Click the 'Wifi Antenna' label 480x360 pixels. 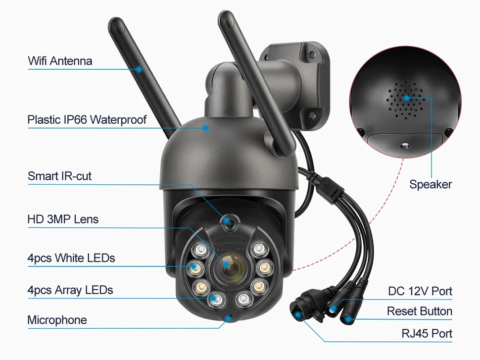(x=60, y=61)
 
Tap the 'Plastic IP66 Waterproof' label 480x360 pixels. (x=87, y=120)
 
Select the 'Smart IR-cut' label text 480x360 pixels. (x=60, y=176)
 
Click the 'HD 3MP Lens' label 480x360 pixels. (x=63, y=219)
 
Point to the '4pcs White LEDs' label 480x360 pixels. (x=71, y=258)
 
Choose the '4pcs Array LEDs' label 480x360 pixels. (x=70, y=290)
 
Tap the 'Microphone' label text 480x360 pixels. (x=57, y=320)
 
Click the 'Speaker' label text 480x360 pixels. (x=430, y=184)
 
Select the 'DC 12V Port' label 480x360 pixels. (x=420, y=291)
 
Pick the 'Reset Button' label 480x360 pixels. (x=419, y=311)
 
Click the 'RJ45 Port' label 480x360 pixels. (x=427, y=333)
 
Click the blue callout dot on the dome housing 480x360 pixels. (x=206, y=128)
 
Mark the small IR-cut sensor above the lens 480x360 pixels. (x=227, y=221)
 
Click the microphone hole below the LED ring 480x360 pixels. (x=229, y=318)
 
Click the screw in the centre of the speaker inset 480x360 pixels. (x=405, y=146)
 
